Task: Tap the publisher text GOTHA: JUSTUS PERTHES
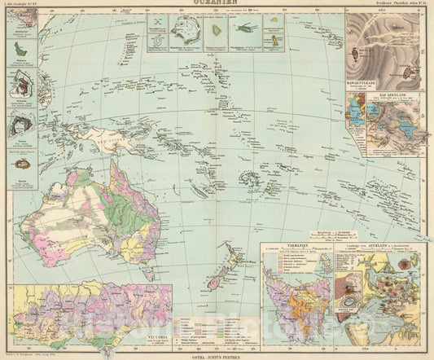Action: (217, 355)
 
